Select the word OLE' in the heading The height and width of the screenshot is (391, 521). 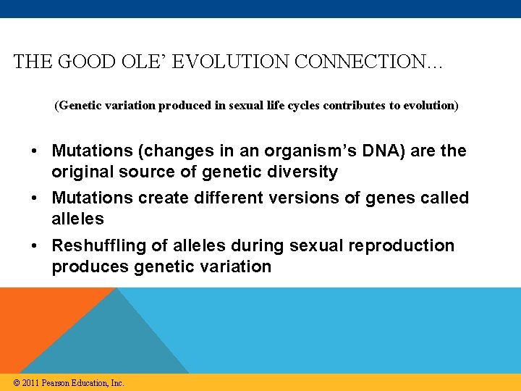click(139, 62)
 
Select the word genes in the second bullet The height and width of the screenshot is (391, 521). click(378, 198)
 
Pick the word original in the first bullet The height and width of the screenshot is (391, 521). click(81, 172)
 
